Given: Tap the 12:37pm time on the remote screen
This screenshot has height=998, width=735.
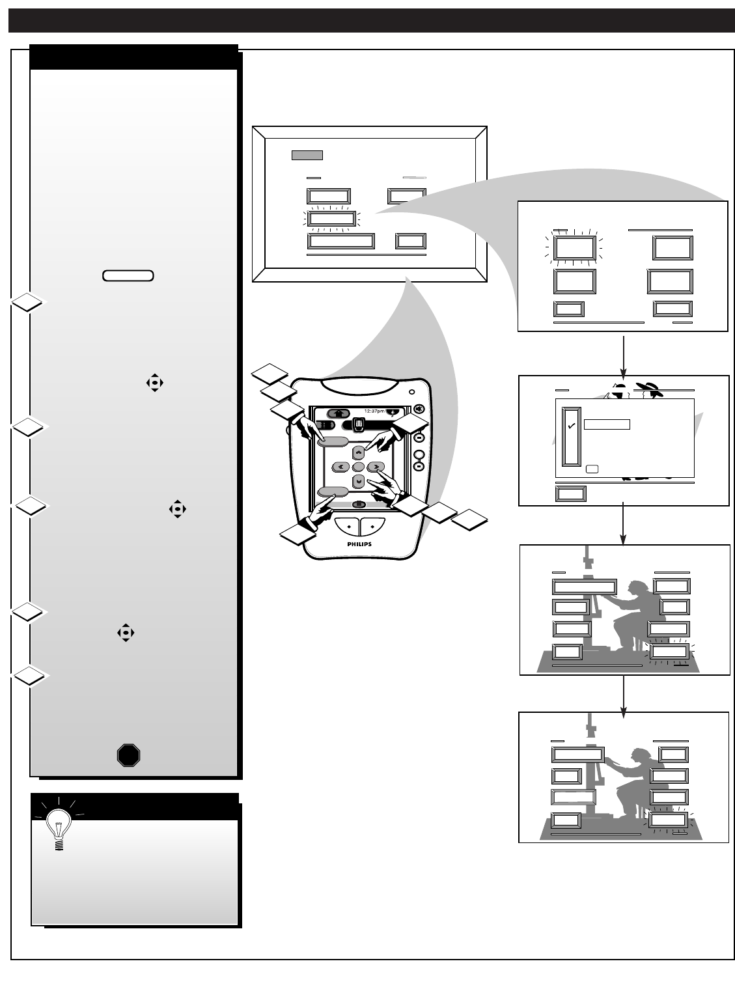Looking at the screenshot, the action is coord(374,411).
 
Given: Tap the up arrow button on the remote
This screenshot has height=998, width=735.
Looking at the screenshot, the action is coord(358,451).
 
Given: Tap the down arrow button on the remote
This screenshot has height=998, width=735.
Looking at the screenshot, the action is coord(358,481).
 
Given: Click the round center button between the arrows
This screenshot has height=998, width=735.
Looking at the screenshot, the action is coord(358,467).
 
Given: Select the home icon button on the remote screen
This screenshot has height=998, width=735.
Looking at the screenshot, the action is coord(339,413).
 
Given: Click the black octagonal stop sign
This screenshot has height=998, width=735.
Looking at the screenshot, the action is coord(128,755).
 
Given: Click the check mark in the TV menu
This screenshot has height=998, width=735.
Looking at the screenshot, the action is coord(571,426).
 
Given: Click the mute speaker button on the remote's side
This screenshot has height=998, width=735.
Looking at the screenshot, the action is coord(419,409).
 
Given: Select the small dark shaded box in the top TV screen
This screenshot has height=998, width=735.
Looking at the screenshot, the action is coord(307,156).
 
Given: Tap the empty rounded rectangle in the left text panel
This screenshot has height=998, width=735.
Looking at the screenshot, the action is coord(128,275).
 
